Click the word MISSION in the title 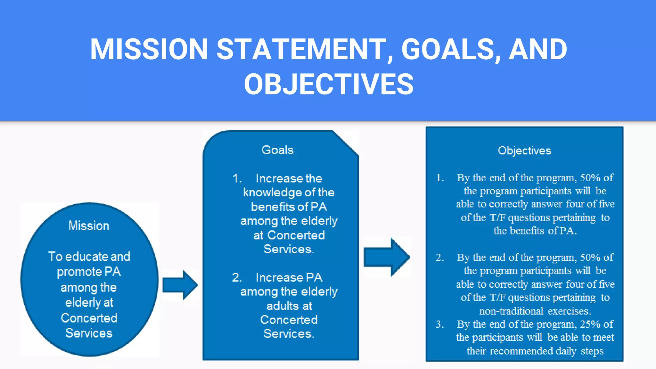(149, 50)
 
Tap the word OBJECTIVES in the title (329, 84)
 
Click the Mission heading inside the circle (89, 226)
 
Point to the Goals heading (277, 150)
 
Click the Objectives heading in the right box (524, 151)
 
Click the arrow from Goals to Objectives (387, 257)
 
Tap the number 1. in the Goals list (237, 178)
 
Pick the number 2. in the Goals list (237, 277)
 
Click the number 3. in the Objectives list (440, 324)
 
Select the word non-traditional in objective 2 (511, 311)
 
